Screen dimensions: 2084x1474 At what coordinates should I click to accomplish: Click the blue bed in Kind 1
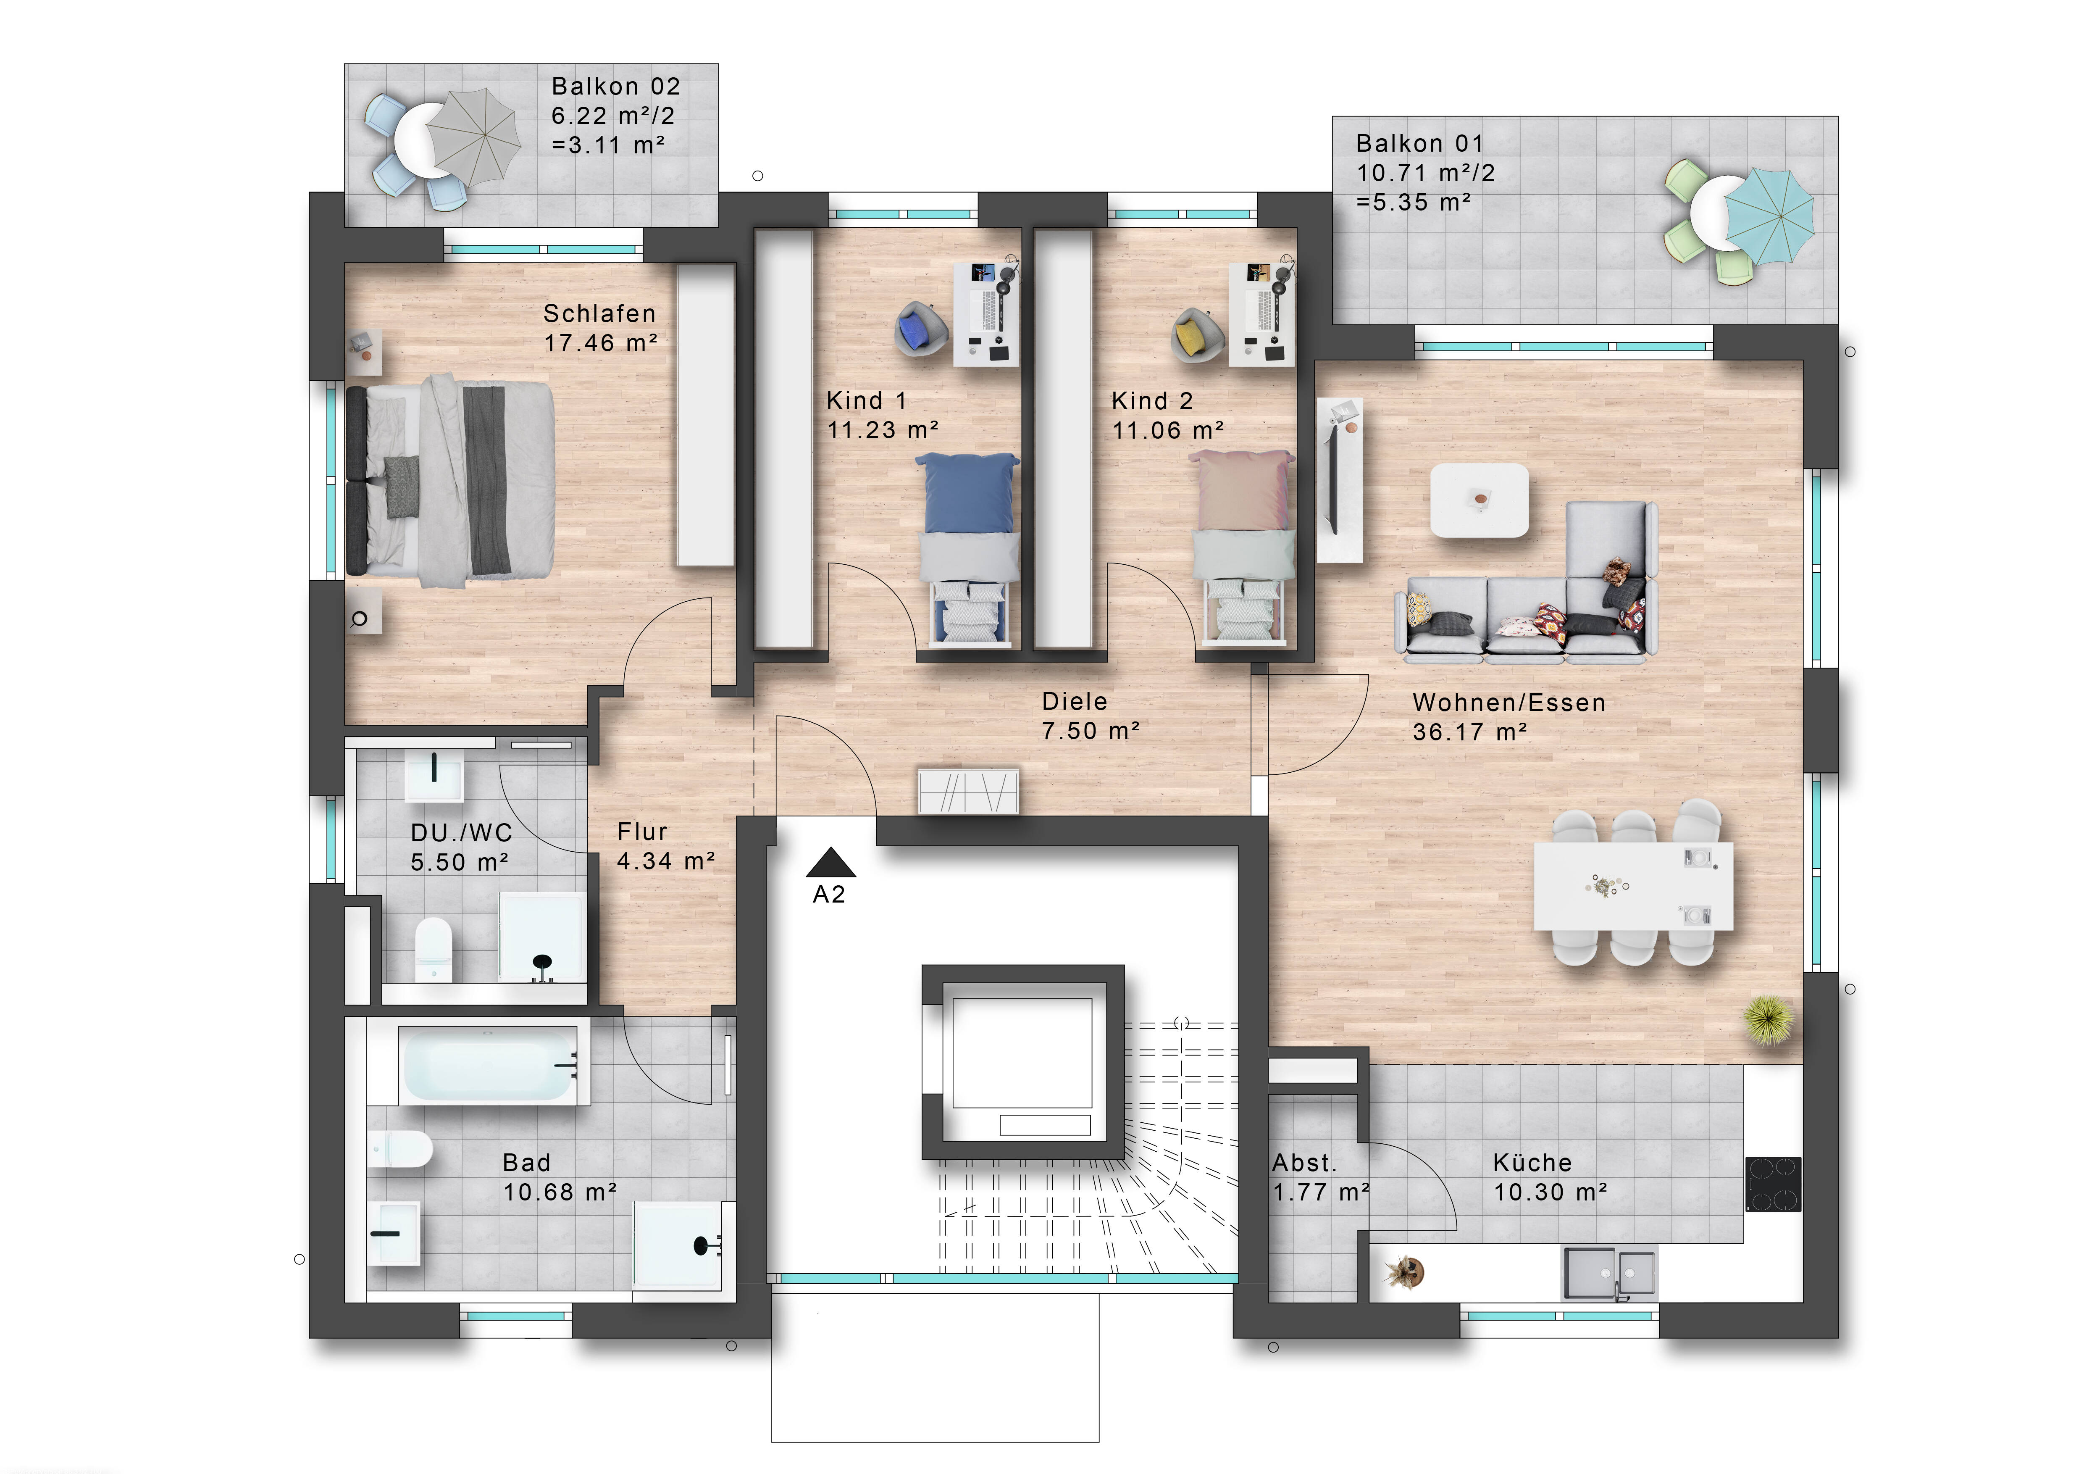(967, 550)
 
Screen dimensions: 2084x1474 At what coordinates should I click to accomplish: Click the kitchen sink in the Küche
(1608, 1272)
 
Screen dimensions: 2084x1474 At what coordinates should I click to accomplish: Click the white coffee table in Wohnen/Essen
(1479, 500)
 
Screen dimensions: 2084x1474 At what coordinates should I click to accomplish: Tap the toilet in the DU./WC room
(433, 949)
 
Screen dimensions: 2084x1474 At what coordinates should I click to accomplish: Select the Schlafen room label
(599, 314)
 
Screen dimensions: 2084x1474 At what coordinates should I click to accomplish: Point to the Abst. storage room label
(1304, 1163)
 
